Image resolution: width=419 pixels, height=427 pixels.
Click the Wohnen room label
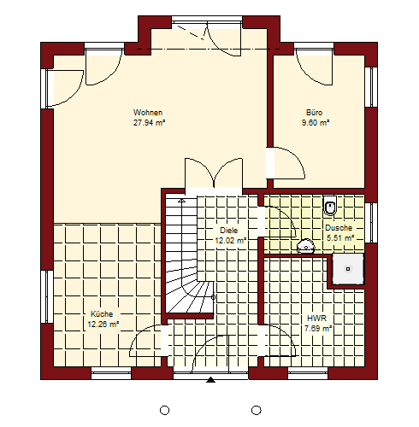148,113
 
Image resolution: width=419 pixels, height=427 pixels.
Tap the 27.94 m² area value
149,123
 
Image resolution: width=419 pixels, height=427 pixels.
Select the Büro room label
314,113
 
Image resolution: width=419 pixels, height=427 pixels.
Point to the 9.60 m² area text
316,123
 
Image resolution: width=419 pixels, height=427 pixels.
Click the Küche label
102,314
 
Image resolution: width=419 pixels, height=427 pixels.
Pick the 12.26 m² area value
103,325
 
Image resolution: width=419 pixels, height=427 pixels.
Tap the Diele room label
228,231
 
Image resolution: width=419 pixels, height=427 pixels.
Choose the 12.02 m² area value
230,241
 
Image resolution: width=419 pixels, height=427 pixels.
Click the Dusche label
339,228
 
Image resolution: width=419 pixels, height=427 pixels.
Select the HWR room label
316,318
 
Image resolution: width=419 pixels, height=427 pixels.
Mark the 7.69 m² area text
318,328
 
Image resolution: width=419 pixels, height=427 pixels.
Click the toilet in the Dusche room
330,205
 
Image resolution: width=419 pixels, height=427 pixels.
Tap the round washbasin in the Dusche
306,246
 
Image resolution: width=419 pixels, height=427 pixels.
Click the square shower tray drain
348,269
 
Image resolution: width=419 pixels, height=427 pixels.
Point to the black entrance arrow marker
210,379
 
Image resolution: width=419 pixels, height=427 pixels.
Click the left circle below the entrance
164,410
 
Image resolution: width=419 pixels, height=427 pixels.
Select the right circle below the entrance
257,410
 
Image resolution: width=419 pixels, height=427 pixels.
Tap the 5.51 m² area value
340,237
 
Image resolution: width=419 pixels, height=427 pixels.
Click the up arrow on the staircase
181,201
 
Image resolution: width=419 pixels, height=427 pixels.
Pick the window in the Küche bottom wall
111,373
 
